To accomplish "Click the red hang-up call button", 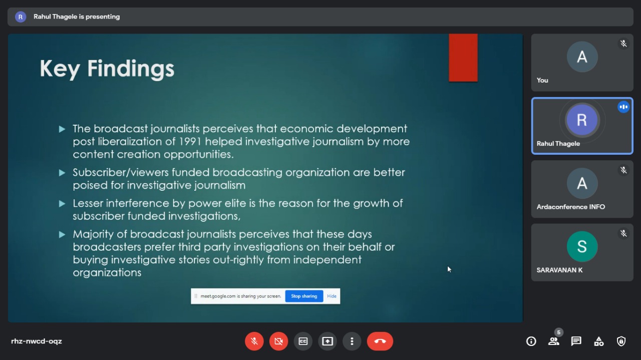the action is [380, 341].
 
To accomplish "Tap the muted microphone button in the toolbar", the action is [254, 341].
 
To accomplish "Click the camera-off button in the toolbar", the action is [278, 341].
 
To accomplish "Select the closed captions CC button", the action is [303, 341].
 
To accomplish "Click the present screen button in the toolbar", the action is [328, 341].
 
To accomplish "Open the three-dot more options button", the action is [352, 341].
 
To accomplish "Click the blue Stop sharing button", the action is [304, 296].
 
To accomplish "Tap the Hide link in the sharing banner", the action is [332, 296].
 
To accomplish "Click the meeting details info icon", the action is [531, 341].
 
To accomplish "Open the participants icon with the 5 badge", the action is [554, 340].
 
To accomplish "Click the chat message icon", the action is [576, 341].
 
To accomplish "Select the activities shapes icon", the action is [598, 341].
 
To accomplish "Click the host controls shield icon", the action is [621, 341].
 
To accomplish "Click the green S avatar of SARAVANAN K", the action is [582, 246].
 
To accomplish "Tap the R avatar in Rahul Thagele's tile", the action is [582, 120].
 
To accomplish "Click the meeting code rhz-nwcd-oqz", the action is [37, 341].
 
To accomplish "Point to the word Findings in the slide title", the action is [131, 69].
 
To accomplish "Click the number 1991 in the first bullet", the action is [190, 141].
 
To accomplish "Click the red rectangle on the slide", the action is [463, 58].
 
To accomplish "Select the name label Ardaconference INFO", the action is [570, 207].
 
